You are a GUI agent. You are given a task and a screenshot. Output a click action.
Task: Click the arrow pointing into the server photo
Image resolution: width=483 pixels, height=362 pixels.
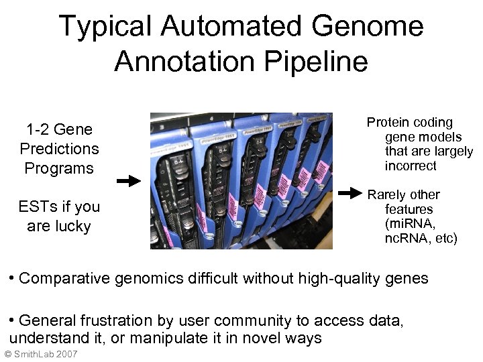[x=128, y=181]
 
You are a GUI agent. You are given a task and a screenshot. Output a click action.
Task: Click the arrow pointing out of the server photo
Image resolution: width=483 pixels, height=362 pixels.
[x=350, y=194]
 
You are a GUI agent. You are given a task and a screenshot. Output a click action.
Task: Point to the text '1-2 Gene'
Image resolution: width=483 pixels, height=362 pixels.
[x=59, y=129]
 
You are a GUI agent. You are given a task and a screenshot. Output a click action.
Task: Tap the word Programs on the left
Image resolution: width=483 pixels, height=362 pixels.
[x=59, y=168]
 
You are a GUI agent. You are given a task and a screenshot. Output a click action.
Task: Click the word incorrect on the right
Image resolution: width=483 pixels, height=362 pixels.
[x=411, y=166]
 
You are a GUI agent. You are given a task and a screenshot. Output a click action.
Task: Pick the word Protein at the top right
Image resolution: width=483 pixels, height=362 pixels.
[x=387, y=122]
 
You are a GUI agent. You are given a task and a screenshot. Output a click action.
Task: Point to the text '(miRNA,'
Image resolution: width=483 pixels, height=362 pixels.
[x=410, y=223]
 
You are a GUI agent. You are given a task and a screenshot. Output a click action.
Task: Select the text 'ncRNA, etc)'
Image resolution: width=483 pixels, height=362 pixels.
[x=421, y=238]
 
